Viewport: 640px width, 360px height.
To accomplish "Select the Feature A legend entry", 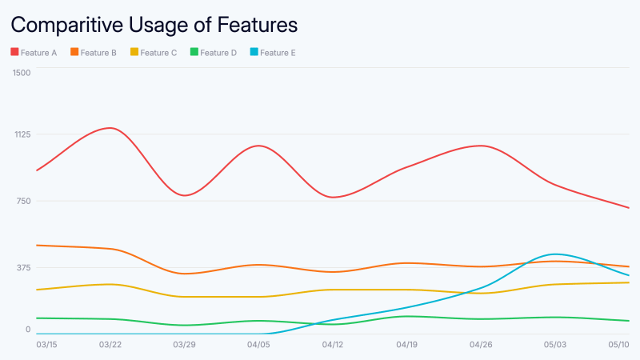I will coord(34,53).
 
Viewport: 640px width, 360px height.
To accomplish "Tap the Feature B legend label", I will coord(98,53).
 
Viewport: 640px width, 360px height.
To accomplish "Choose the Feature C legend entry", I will coord(158,53).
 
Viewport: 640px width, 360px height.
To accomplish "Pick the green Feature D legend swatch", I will coord(194,53).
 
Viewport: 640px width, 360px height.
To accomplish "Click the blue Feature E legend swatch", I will coord(254,53).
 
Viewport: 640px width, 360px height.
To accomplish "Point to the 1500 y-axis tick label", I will coord(22,73).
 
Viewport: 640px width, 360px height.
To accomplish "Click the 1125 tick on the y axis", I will coord(22,134).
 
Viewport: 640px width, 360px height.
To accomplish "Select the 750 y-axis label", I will coord(23,201).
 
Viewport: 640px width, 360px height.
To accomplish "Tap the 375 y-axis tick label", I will coord(23,267).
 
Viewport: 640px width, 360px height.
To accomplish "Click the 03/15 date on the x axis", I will coord(47,345).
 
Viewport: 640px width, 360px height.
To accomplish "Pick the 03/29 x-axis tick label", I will coord(184,345).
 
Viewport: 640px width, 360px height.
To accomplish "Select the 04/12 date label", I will coord(333,345).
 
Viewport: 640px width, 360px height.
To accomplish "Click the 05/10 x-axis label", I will coord(618,345).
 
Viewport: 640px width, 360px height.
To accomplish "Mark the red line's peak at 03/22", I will coord(110,128).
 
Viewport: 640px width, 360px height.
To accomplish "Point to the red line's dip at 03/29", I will coord(184,195).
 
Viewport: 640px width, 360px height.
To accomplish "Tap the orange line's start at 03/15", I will coord(38,245).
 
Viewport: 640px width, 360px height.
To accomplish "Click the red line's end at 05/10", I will coord(629,208).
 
